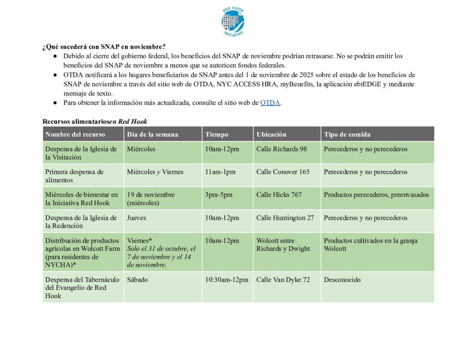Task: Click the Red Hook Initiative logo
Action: click(x=233, y=21)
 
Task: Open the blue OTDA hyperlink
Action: click(x=270, y=103)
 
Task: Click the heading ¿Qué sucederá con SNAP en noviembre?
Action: click(x=104, y=47)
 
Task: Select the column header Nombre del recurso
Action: click(x=75, y=134)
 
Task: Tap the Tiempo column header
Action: click(x=217, y=134)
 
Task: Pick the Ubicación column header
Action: click(x=272, y=134)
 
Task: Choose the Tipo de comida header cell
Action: click(x=347, y=134)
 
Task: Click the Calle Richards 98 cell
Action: click(x=282, y=149)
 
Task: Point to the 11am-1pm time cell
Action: click(x=220, y=172)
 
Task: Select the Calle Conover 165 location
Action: click(x=283, y=172)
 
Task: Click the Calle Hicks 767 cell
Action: click(x=279, y=195)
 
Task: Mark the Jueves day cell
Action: click(x=137, y=218)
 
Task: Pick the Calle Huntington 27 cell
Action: click(x=285, y=218)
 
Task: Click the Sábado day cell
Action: click(x=137, y=280)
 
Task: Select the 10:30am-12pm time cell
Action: click(x=227, y=280)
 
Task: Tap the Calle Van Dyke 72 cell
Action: click(x=283, y=280)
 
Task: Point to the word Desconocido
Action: click(x=342, y=280)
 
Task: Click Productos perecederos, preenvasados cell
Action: click(x=376, y=195)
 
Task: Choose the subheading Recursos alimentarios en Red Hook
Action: click(x=95, y=122)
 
